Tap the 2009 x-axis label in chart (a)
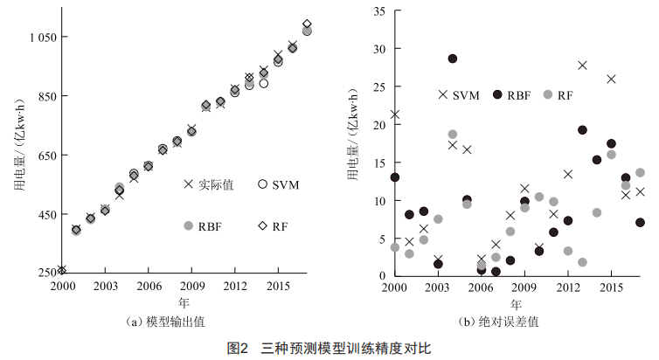[x=191, y=287]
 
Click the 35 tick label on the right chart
[x=379, y=11]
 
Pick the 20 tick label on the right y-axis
[x=379, y=125]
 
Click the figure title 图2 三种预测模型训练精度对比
[x=329, y=348]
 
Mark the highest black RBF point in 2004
[x=453, y=59]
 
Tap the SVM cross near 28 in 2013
[x=582, y=66]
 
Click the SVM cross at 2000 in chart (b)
[x=395, y=114]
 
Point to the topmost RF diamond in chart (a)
[x=307, y=24]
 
